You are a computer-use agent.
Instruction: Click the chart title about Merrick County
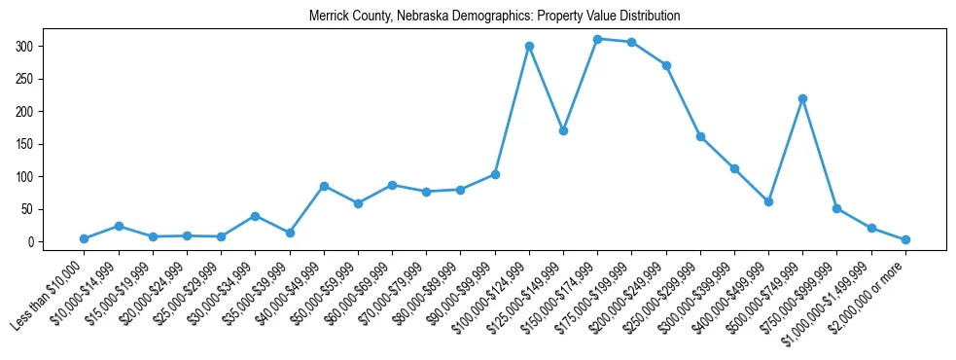[494, 17]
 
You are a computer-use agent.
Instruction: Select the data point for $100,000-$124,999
[529, 46]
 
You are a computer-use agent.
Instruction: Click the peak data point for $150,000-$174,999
[597, 39]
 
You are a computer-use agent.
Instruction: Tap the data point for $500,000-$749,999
[802, 98]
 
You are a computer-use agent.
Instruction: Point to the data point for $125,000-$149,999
[563, 130]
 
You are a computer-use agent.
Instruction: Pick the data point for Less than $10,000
[84, 238]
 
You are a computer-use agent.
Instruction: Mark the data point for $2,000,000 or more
[905, 239]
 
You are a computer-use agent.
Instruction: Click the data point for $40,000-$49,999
[324, 186]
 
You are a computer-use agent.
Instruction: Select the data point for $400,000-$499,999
[768, 201]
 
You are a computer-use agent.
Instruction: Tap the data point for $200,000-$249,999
[666, 65]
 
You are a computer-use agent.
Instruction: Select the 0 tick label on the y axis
[32, 241]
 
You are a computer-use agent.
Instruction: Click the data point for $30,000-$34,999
[255, 216]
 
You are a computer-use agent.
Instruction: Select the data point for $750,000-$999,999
[836, 208]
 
